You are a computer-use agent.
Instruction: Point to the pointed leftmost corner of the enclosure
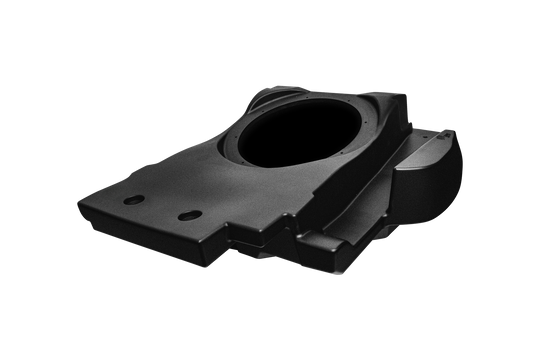click(79, 193)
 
